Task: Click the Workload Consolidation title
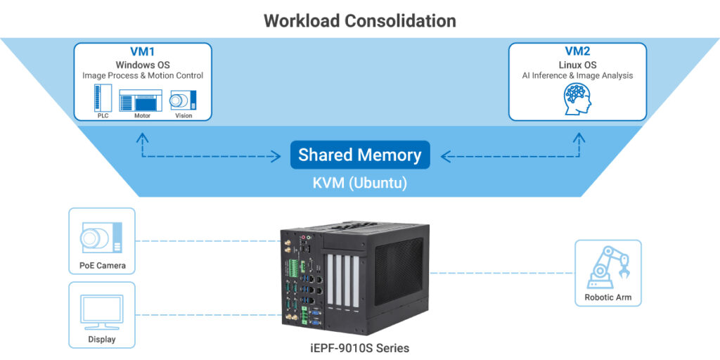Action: coord(359,20)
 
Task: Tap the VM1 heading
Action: coord(143,52)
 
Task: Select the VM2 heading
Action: coord(577,51)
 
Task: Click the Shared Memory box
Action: coord(359,155)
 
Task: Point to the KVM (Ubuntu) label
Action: coord(359,182)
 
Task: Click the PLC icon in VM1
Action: coord(103,98)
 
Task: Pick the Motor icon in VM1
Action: coord(142,100)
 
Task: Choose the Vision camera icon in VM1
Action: coord(183,100)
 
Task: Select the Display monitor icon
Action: coord(102,311)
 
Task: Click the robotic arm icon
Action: coord(607,266)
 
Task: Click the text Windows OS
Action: coord(143,65)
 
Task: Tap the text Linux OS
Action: coord(577,65)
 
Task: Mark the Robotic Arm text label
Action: coord(607,297)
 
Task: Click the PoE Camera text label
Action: coord(102,266)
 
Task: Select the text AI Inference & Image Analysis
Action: coord(577,76)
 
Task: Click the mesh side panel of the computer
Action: coord(399,267)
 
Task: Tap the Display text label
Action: coord(102,340)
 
